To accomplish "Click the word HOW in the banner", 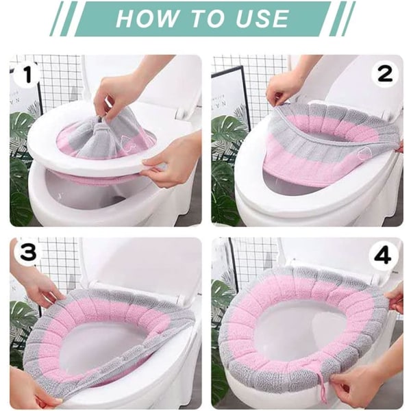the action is point(147,18).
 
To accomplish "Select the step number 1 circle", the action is point(27,74).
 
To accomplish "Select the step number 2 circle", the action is point(385,74).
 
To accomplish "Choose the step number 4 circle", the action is point(382,256).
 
